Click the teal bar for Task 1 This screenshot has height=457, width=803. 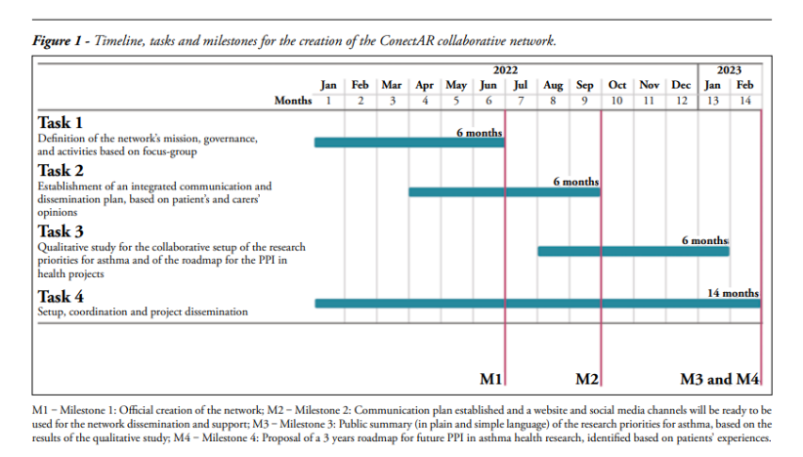click(x=409, y=143)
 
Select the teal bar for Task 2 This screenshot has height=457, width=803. click(x=504, y=192)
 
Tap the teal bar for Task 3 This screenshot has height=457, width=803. click(x=633, y=251)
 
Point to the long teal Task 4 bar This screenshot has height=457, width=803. click(x=537, y=304)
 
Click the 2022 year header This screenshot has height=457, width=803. click(x=505, y=70)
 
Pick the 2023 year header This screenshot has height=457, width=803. click(x=729, y=70)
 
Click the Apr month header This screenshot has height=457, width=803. click(x=424, y=86)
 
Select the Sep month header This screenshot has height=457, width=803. click(x=585, y=86)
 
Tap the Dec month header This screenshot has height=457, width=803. click(x=681, y=86)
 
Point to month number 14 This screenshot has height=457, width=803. click(x=745, y=101)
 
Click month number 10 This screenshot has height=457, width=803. click(x=617, y=101)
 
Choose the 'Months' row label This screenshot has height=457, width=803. click(x=293, y=101)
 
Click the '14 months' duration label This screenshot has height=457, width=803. click(x=733, y=293)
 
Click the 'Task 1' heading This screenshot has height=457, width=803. click(x=61, y=123)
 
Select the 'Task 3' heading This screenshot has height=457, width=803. click(x=61, y=231)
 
